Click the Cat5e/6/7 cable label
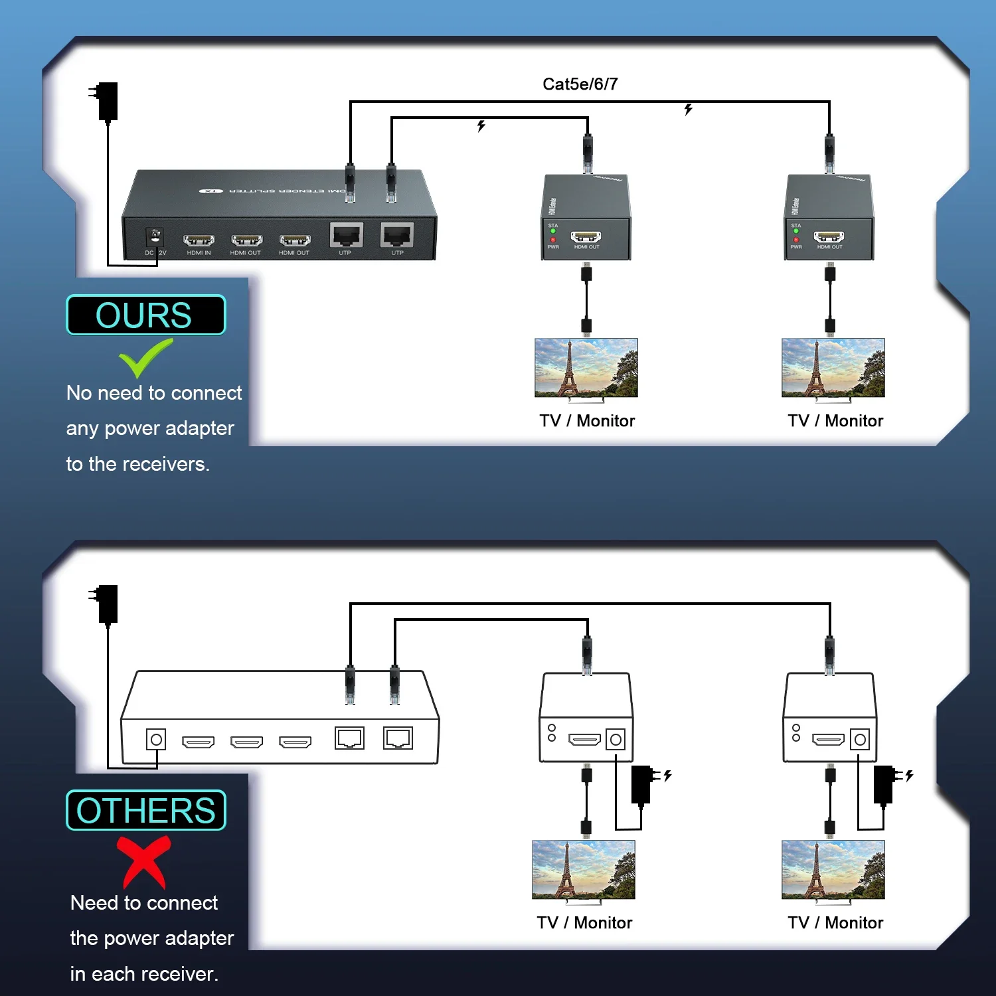580,84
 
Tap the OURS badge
145,315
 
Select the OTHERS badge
145,810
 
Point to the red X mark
144,861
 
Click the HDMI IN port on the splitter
199,240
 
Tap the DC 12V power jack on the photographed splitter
155,236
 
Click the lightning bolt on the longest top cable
689,109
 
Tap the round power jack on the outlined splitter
156,740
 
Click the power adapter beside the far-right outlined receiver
884,784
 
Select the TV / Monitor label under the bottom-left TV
584,922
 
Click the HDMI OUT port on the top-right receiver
829,237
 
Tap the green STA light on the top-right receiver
796,231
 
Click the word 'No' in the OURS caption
78,393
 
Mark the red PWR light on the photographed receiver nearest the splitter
553,240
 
